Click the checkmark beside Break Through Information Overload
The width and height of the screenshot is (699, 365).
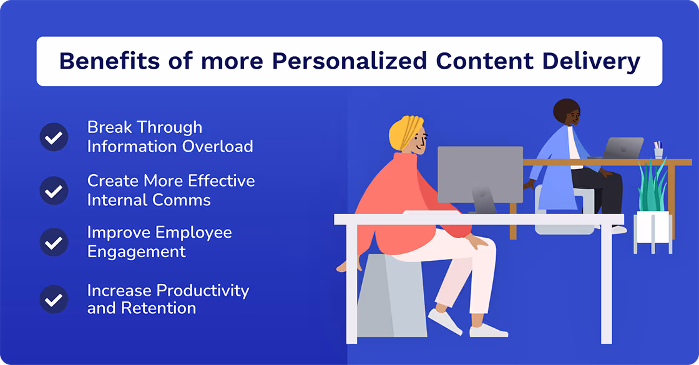54,137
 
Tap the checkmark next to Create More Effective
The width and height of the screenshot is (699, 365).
54,190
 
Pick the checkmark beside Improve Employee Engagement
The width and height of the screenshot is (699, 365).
54,242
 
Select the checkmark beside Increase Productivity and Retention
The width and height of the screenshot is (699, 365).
54,299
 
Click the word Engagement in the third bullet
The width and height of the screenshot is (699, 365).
136,251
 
